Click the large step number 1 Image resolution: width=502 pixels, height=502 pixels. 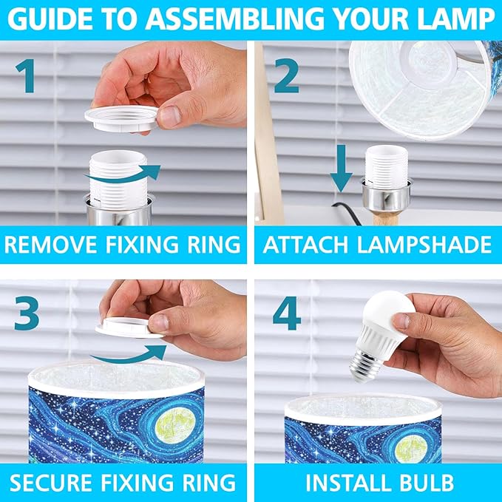coord(26,75)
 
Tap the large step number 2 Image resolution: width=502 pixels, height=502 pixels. coord(287,75)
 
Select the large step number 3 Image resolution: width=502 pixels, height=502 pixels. coord(27,313)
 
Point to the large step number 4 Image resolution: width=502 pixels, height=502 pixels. coord(287,313)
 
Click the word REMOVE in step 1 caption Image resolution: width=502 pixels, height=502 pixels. coord(51,245)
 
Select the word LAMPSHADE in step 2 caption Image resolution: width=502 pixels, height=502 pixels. coord(424,245)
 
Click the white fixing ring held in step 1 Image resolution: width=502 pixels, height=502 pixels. coord(121,118)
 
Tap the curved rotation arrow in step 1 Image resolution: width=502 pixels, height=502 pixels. coord(123,174)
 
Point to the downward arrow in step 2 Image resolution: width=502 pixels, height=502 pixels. coord(342,169)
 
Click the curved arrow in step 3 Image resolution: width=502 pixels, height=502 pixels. coord(128,356)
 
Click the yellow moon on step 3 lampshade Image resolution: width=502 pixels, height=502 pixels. coord(175,427)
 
